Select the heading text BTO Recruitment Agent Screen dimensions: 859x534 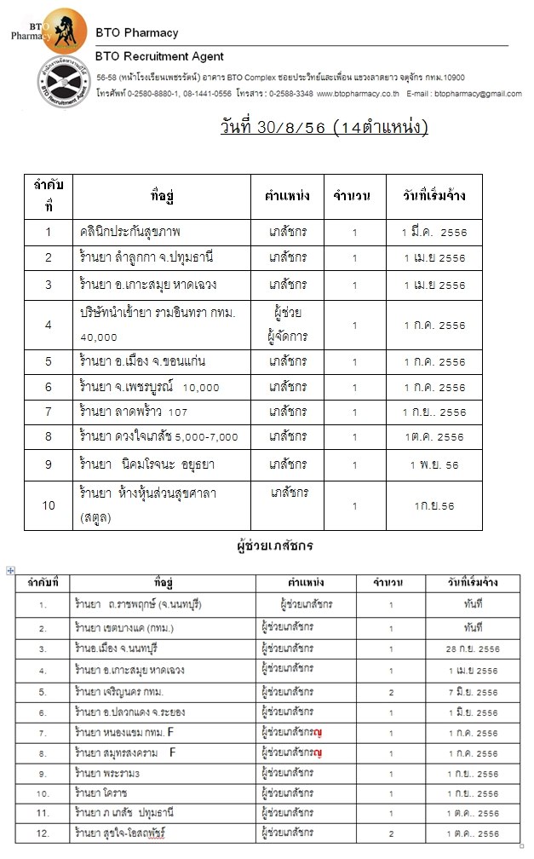point(160,57)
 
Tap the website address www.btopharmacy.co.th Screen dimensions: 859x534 point(359,93)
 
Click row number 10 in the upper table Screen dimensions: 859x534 point(49,505)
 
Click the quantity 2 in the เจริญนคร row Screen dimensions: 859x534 point(391,693)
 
